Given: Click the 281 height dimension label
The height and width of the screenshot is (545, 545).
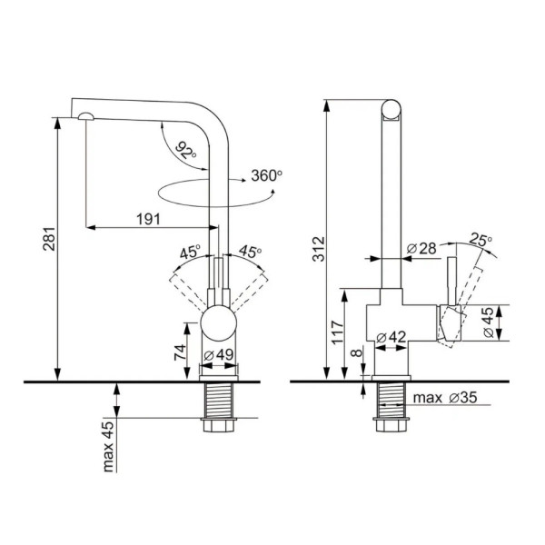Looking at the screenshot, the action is [x=49, y=239].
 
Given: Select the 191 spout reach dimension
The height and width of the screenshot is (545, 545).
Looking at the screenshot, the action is [x=148, y=219].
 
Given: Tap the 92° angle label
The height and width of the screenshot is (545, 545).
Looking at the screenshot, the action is [x=185, y=150].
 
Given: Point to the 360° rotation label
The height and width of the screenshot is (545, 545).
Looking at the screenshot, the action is [x=266, y=175].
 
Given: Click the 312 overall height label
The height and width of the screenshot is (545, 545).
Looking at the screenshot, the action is [x=319, y=249].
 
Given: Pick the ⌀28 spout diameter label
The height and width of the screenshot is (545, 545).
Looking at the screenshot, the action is [x=421, y=249].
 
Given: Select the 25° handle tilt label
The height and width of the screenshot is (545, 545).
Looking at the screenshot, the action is [x=481, y=239].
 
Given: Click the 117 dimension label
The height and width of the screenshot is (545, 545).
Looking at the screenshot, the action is [x=337, y=332].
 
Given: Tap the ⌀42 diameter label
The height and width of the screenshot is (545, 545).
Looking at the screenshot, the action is [x=391, y=337].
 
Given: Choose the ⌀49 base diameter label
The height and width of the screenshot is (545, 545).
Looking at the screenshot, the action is [x=219, y=355].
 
